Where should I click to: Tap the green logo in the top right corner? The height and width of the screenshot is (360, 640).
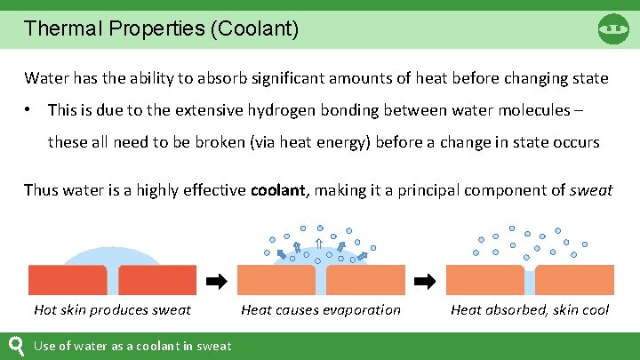click(x=613, y=28)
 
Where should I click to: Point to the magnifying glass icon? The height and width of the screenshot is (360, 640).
click(x=16, y=346)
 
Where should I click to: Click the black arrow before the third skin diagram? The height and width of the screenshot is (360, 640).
click(x=426, y=281)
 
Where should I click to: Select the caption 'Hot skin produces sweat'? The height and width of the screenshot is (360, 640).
click(x=112, y=309)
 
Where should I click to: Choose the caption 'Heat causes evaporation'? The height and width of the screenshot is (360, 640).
click(x=321, y=309)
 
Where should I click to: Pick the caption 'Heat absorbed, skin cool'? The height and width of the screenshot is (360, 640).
click(x=530, y=309)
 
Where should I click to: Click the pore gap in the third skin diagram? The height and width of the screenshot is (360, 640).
click(x=530, y=281)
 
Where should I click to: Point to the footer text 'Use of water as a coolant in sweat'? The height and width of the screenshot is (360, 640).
click(x=132, y=346)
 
